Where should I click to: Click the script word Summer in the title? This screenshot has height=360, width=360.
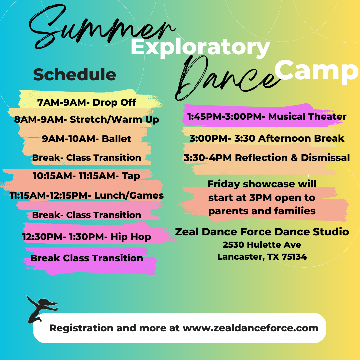pyautogui.click(x=101, y=26)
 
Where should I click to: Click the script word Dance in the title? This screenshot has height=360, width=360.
pyautogui.click(x=227, y=78)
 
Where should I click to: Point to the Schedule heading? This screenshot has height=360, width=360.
pyautogui.click(x=75, y=74)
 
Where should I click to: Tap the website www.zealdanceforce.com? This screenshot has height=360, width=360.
pyautogui.click(x=250, y=328)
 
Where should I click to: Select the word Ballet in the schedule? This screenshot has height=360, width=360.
pyautogui.click(x=116, y=139)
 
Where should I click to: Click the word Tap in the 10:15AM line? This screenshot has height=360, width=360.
pyautogui.click(x=131, y=176)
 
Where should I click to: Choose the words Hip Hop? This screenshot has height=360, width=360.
pyautogui.click(x=131, y=237)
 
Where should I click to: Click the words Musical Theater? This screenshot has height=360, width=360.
pyautogui.click(x=307, y=116)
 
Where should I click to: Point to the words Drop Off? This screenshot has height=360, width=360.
pyautogui.click(x=114, y=102)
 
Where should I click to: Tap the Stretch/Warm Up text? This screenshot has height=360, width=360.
pyautogui.click(x=114, y=120)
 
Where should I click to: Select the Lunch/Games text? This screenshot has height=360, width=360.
pyautogui.click(x=129, y=195)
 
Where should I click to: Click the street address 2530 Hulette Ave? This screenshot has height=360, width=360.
pyautogui.click(x=262, y=245)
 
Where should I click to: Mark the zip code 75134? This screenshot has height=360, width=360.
pyautogui.click(x=294, y=257)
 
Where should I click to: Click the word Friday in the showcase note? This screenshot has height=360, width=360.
pyautogui.click(x=224, y=184)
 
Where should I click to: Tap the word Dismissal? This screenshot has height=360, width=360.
pyautogui.click(x=325, y=158)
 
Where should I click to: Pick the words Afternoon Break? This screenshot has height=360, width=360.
pyautogui.click(x=301, y=138)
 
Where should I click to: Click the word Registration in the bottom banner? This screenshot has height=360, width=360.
pyautogui.click(x=81, y=328)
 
